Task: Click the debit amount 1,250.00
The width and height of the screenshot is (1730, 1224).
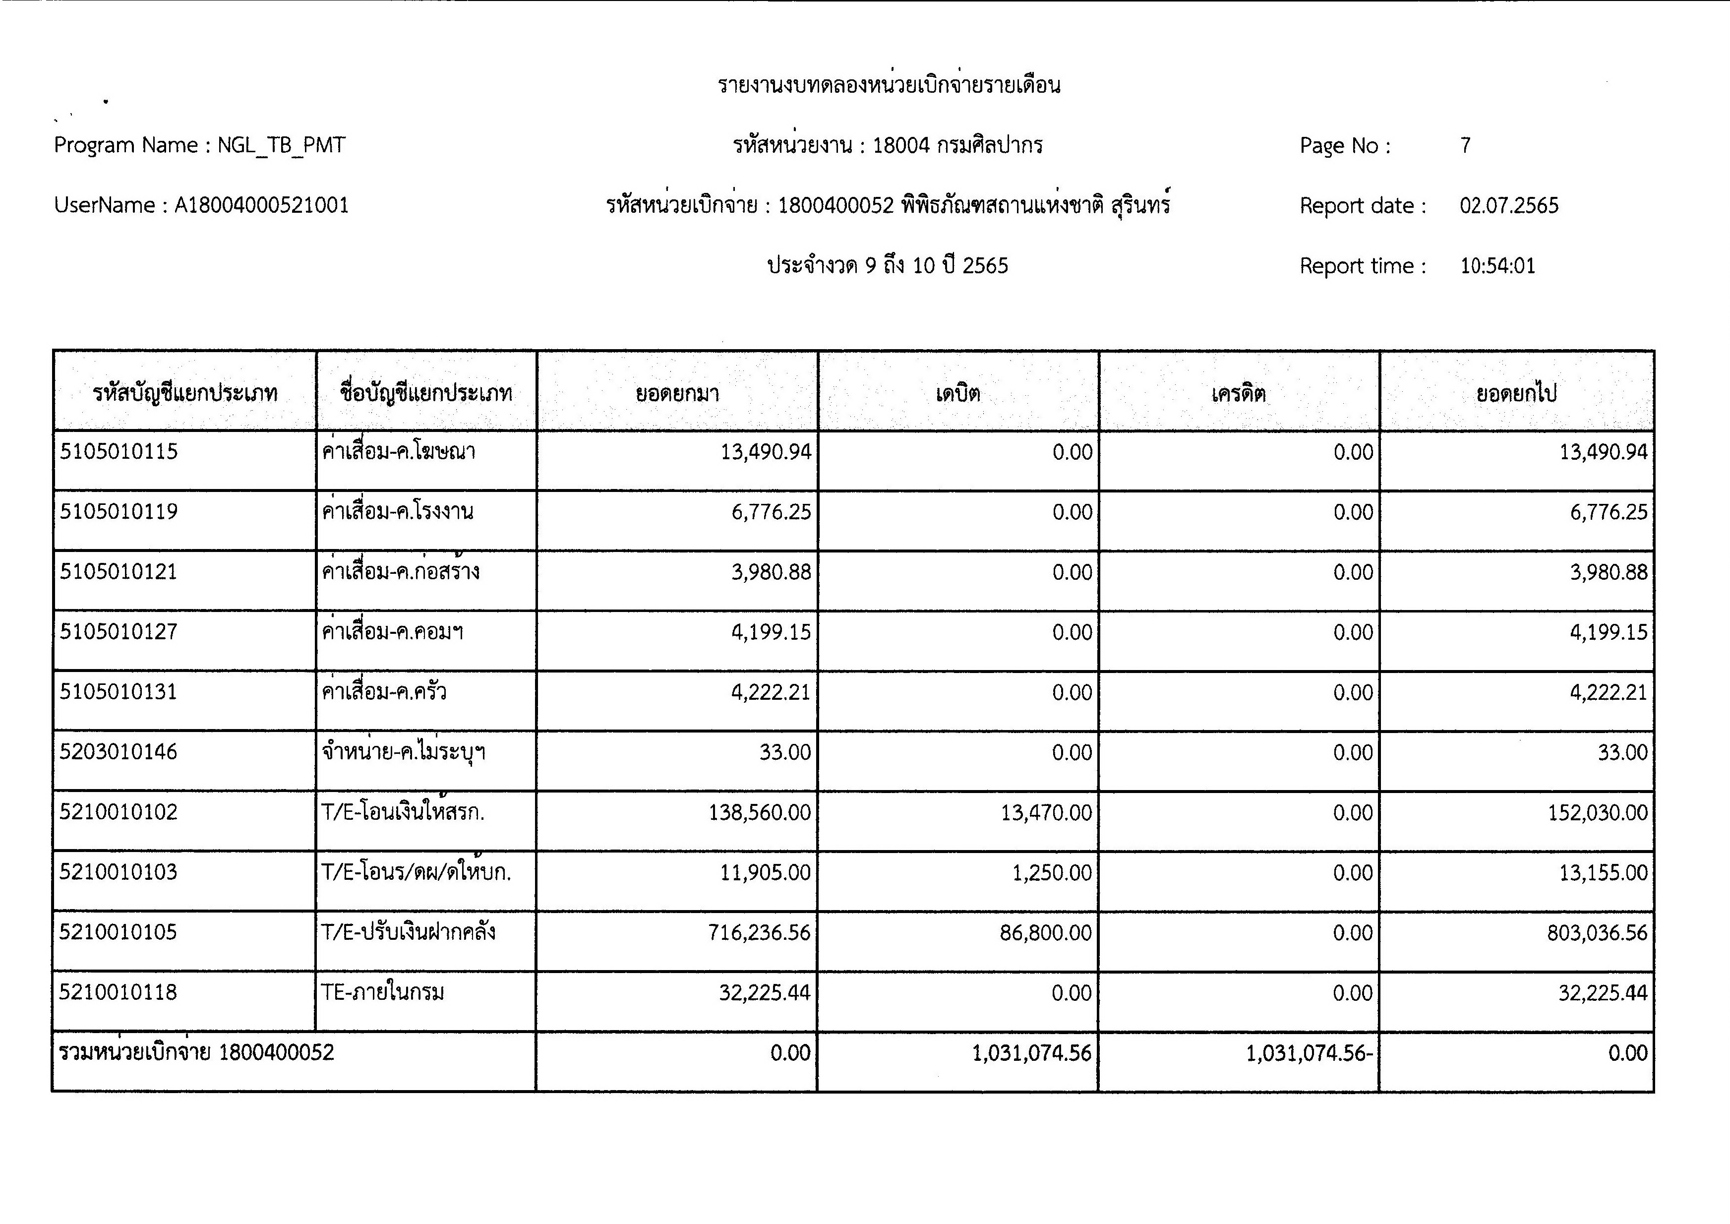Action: point(1052,873)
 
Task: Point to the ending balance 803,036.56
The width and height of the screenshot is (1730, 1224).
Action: point(1598,933)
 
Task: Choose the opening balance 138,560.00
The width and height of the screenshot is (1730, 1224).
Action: point(760,812)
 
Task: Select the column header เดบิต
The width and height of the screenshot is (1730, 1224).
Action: point(957,393)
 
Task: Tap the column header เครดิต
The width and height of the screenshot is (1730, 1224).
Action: point(1239,393)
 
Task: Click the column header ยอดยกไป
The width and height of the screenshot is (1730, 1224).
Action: point(1516,393)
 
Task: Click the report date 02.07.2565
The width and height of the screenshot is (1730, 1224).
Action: point(1508,206)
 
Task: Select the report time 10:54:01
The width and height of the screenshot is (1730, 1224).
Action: point(1497,266)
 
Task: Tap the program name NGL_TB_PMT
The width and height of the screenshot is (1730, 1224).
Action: point(281,145)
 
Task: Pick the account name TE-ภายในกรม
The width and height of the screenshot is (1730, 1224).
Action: point(383,992)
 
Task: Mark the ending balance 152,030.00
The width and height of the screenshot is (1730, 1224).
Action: point(1598,812)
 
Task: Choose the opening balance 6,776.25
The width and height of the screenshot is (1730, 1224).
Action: point(771,512)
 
